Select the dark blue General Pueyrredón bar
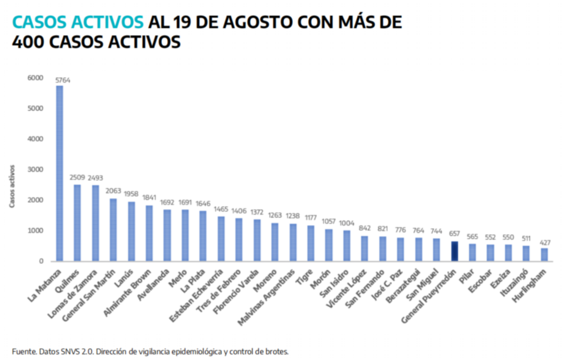tap(455, 251)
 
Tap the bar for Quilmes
tap(77, 223)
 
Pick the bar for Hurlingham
tap(545, 255)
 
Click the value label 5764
tap(63, 80)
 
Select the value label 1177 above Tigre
tap(311, 219)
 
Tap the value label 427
tap(545, 243)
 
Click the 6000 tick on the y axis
tap(35, 78)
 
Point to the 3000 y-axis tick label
tap(35, 170)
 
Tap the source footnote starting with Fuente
tap(150, 351)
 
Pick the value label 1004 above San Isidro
tap(347, 223)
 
